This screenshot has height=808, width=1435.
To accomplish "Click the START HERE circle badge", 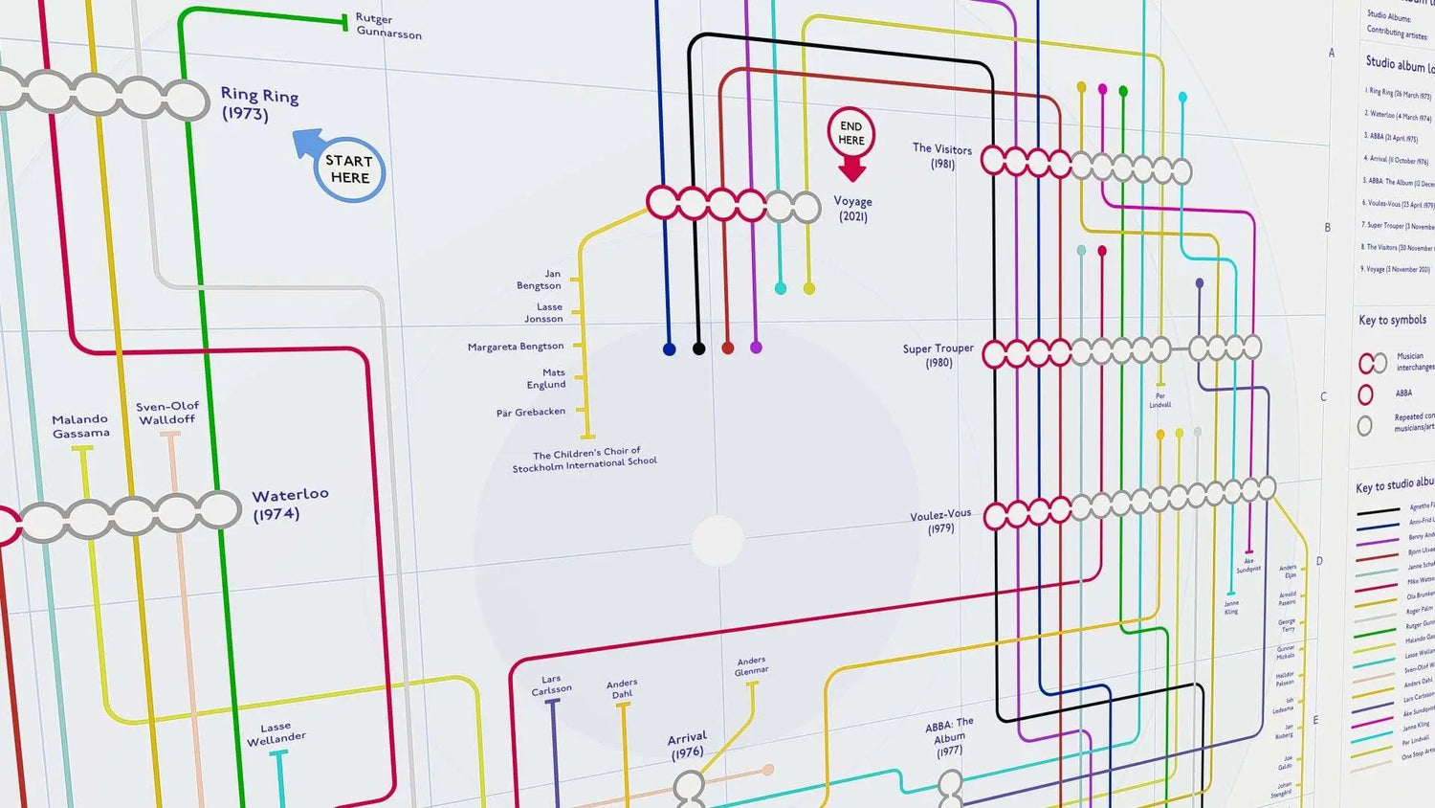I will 349,169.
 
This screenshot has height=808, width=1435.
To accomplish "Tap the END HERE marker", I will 851,134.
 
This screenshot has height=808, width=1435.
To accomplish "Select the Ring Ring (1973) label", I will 259,104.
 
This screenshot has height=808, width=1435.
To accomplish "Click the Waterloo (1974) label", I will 289,504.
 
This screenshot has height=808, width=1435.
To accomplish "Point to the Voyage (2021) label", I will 852,209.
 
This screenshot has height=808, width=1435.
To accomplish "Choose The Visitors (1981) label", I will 942,156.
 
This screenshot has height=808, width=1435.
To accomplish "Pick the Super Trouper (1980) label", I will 938,355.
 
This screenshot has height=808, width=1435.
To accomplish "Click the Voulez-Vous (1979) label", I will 940,521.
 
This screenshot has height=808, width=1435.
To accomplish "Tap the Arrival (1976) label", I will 687,745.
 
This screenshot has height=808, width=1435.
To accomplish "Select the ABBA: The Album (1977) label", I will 949,737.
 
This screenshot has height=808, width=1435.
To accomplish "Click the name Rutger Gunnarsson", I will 387,26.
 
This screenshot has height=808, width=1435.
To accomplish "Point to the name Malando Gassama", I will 80,426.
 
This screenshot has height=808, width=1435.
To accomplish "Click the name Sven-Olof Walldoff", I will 167,413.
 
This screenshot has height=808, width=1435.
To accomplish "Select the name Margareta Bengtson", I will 516,347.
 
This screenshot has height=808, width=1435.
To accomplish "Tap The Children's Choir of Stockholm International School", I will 585,460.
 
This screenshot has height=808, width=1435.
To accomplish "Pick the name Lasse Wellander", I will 276,733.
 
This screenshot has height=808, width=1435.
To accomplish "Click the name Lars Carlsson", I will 551,685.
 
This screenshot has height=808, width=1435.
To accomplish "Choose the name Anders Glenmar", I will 751,665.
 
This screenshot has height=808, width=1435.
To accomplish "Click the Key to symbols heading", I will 1392,320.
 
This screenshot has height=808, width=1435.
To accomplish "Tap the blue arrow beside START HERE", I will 308,144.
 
